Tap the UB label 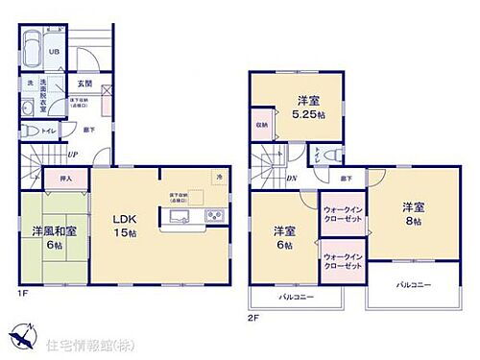click(x=54, y=52)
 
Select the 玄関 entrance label click(x=84, y=84)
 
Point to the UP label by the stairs click(x=72, y=154)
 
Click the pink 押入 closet click(x=54, y=178)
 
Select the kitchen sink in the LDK click(x=183, y=215)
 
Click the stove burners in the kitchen click(x=215, y=215)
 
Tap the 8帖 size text click(x=414, y=220)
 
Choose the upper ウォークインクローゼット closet click(x=342, y=213)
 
